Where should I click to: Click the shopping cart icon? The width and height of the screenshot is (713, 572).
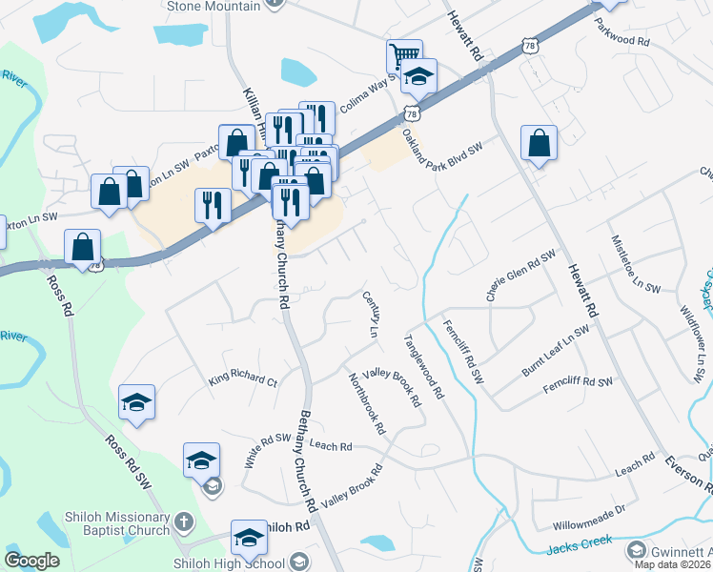click(404, 55)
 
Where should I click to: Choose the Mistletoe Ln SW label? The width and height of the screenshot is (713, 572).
click(636, 263)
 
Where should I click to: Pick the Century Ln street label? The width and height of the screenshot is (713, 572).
click(371, 316)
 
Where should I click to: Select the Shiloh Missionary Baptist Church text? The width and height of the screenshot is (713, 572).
click(102, 529)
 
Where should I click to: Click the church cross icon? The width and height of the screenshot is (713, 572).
click(184, 522)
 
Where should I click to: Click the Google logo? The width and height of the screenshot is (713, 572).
click(31, 561)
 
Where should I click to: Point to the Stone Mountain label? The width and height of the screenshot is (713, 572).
click(214, 6)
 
